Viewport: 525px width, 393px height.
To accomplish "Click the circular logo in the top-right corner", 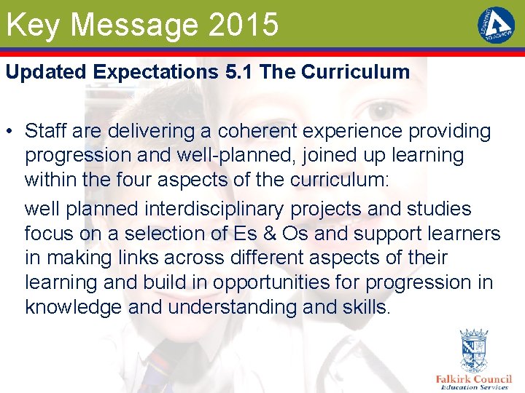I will (x=496, y=25).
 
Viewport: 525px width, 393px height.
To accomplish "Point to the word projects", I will (x=326, y=209).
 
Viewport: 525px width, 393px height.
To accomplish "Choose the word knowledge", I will (x=74, y=307).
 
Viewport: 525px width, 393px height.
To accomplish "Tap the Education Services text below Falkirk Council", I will (x=474, y=387).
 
